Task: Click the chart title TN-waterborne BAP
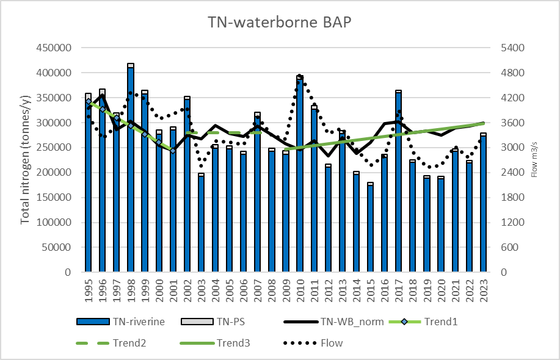tap(280, 22)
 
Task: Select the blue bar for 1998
tap(131, 170)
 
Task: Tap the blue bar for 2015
tap(370, 229)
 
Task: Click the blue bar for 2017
tap(399, 182)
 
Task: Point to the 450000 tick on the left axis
tap(54, 48)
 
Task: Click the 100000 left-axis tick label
tap(54, 222)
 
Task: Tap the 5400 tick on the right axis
tap(512, 48)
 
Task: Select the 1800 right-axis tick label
tap(512, 197)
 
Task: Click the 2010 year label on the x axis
tap(300, 290)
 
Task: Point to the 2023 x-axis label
tap(484, 290)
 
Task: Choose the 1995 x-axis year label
tap(89, 290)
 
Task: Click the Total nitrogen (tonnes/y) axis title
tap(25, 160)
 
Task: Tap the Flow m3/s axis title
tap(534, 160)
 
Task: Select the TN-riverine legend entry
tap(121, 322)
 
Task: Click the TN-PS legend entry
tap(213, 322)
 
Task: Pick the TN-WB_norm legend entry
tap(334, 322)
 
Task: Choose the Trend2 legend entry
tap(111, 344)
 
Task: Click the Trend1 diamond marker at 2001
tap(173, 151)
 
